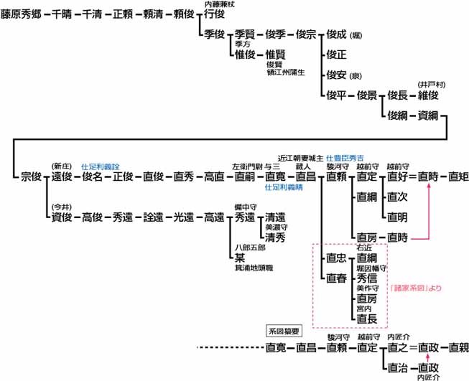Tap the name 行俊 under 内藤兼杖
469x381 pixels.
pyautogui.click(x=215, y=14)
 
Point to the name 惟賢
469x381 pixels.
pyautogui.click(x=276, y=55)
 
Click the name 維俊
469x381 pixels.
pyautogui.click(x=429, y=94)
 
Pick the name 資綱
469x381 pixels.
pyautogui.click(x=429, y=115)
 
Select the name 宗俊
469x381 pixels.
pyautogui.click(x=31, y=176)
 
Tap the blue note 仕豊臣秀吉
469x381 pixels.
pyautogui.click(x=345, y=157)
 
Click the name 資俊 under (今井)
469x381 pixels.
pyautogui.click(x=62, y=217)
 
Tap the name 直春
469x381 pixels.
pyautogui.click(x=336, y=278)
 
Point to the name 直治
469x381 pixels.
pyautogui.click(x=397, y=367)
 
